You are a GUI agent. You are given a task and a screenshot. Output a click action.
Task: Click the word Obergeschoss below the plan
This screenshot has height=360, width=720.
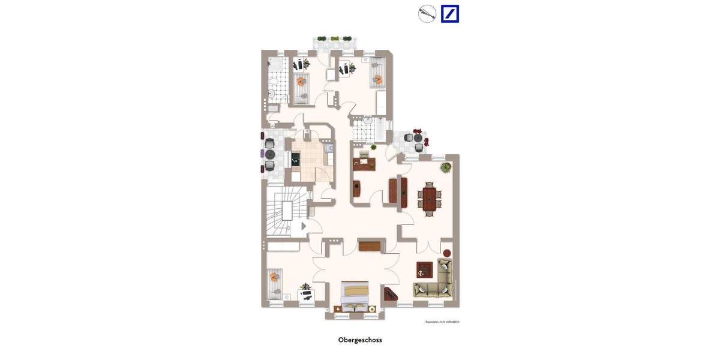[360, 340]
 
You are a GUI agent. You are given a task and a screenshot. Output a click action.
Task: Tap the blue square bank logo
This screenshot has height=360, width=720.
[450, 14]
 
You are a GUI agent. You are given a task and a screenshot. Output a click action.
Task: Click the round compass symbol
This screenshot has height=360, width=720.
[427, 14]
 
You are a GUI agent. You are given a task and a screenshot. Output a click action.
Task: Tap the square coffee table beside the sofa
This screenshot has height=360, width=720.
[424, 270]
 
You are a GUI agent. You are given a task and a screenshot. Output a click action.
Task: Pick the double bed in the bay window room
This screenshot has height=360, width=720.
[356, 296]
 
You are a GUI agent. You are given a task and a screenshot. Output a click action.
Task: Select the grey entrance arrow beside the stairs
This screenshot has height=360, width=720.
[304, 226]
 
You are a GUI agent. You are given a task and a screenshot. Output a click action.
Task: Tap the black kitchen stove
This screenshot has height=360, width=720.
[296, 159]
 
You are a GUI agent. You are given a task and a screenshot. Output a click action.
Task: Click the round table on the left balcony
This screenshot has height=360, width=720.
[270, 154]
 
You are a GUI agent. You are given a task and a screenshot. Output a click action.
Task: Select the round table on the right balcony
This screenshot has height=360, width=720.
[418, 138]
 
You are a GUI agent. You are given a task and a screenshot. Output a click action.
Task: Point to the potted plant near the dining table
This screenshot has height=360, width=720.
[445, 167]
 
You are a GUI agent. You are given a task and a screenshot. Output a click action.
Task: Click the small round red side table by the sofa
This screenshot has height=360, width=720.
[446, 253]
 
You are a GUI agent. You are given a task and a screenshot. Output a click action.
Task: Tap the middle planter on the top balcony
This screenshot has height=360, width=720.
[335, 38]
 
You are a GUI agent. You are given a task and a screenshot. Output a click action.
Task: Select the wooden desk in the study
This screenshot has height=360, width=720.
[364, 163]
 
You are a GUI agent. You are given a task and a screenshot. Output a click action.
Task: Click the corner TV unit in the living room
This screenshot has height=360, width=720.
[390, 293]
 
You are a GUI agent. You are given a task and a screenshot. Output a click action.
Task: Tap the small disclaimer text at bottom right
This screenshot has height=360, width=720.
[442, 322]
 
